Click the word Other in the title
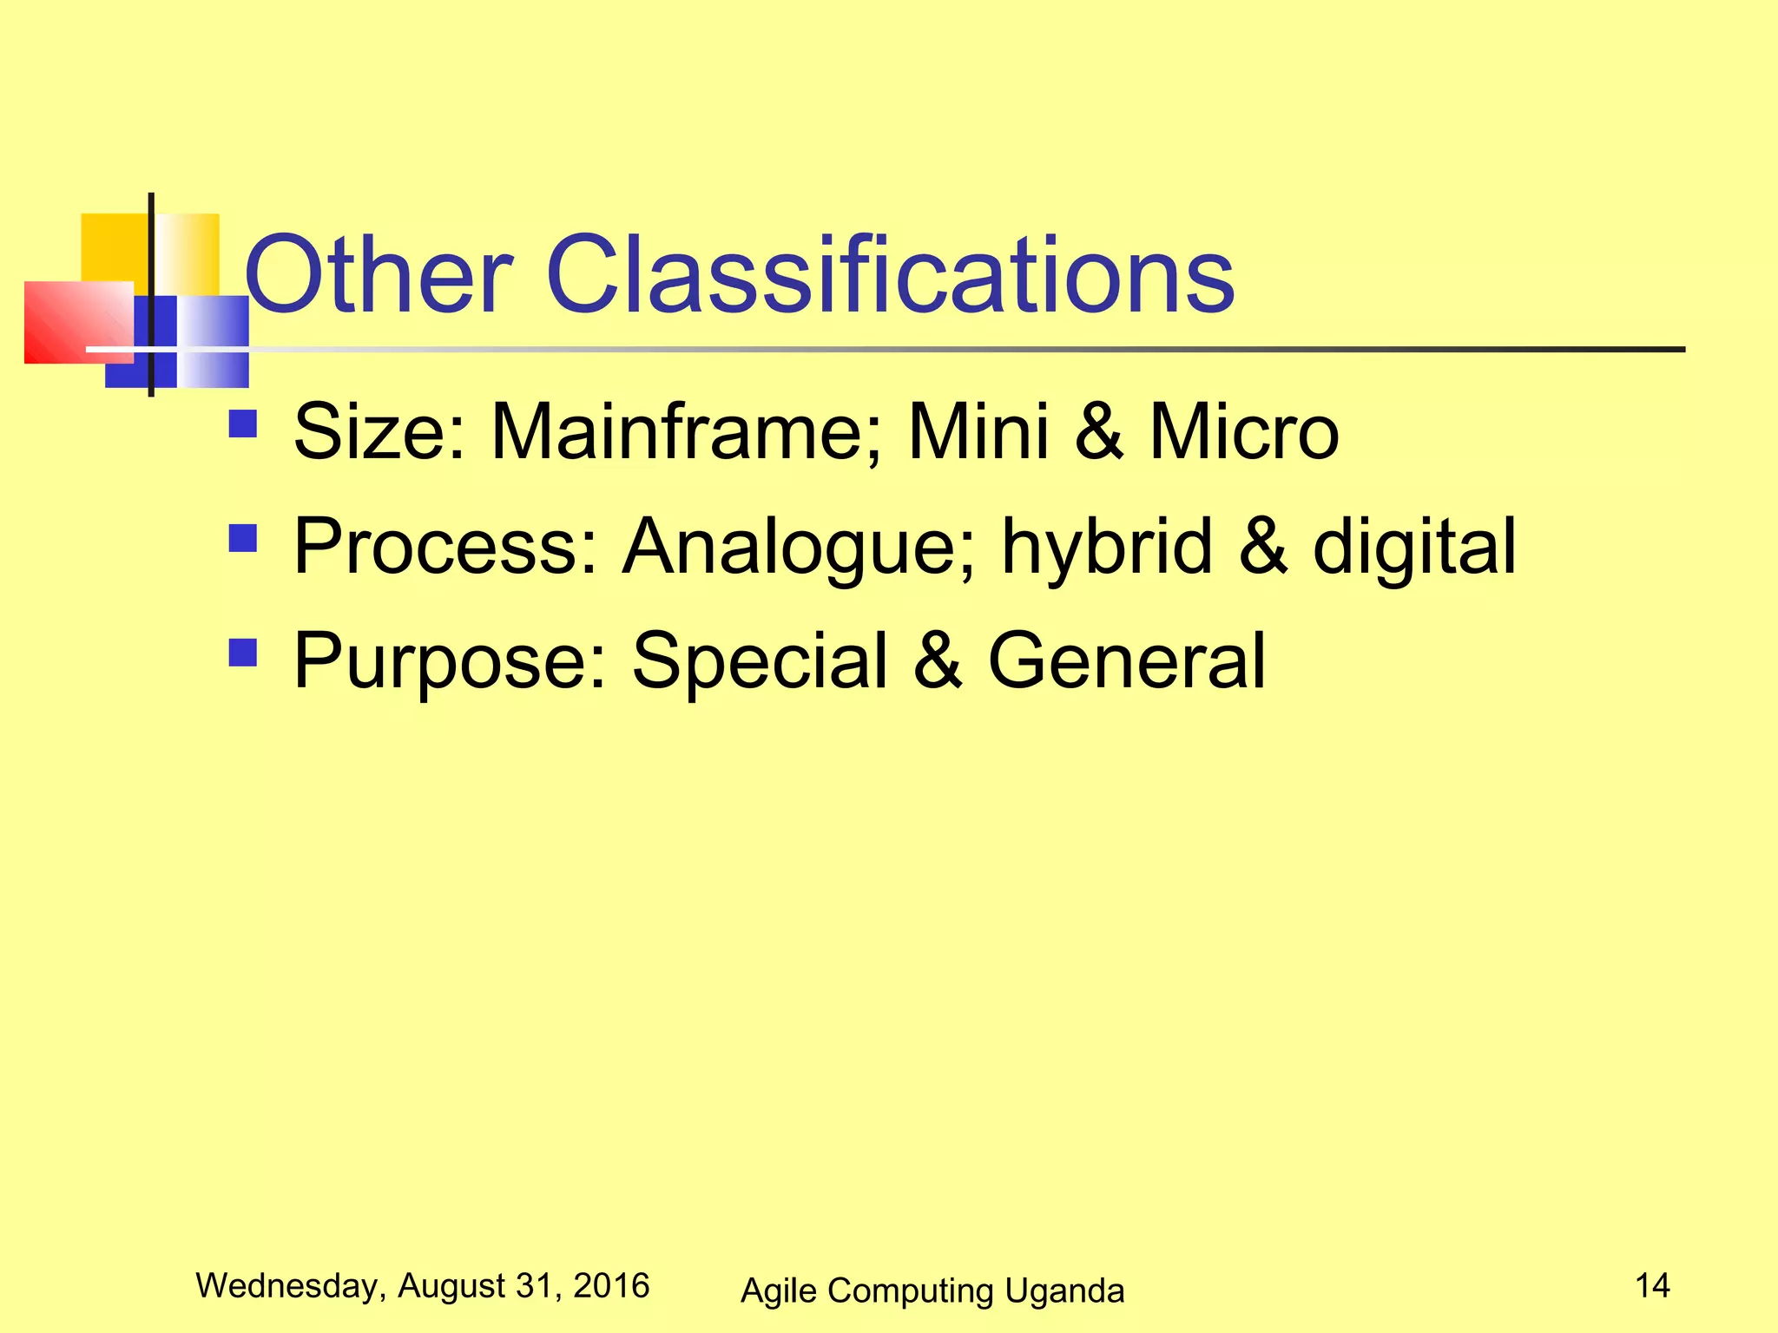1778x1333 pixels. pos(379,275)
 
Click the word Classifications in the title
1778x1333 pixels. pos(890,275)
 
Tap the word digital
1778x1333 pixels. pos(1413,547)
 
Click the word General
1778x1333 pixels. pos(1127,661)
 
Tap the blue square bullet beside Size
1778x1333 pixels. pos(243,424)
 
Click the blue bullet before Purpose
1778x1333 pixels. pos(243,652)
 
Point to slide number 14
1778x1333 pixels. pos(1652,1285)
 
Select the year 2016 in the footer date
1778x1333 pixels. pos(611,1285)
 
